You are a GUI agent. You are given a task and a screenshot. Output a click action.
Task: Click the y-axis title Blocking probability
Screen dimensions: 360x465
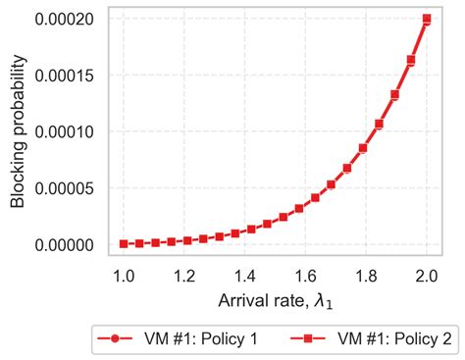tap(18, 131)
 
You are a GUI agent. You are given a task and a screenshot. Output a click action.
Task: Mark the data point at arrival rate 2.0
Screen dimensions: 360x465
tap(427, 19)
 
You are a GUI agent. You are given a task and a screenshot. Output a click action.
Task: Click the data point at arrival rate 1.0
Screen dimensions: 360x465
tap(123, 243)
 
